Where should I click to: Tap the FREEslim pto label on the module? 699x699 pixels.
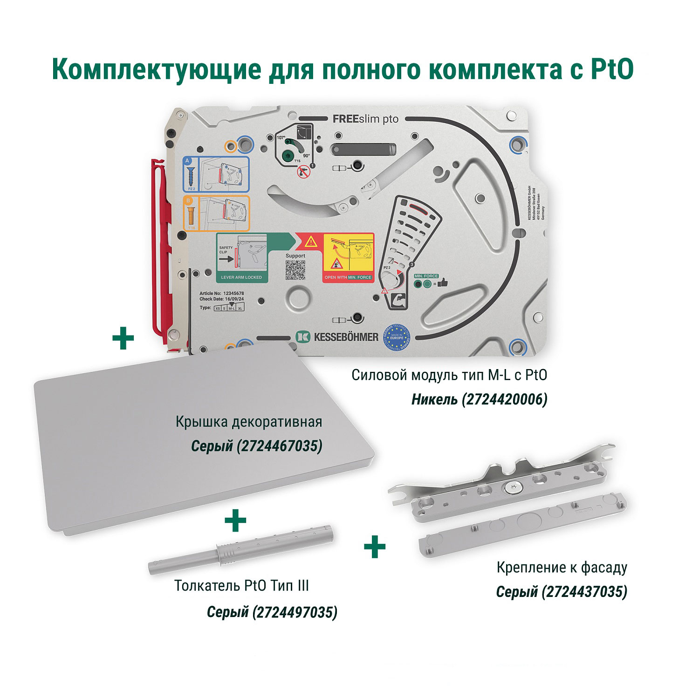click(x=365, y=119)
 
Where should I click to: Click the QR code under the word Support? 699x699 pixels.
click(x=295, y=270)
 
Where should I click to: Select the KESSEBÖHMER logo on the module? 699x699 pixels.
click(x=337, y=337)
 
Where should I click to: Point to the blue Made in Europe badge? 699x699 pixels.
click(x=396, y=337)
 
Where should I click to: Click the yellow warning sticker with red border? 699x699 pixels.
click(x=349, y=258)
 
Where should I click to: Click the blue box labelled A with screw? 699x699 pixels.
click(x=215, y=174)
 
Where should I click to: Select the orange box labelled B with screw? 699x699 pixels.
click(x=215, y=213)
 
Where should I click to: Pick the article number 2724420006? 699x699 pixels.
click(x=504, y=399)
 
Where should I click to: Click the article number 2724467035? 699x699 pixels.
click(x=280, y=446)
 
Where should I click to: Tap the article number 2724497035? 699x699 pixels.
click(x=295, y=611)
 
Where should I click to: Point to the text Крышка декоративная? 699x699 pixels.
click(x=249, y=422)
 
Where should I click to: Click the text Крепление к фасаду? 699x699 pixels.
click(x=562, y=567)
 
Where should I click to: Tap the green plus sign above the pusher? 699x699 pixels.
click(x=235, y=521)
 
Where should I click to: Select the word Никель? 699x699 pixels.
click(x=434, y=399)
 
